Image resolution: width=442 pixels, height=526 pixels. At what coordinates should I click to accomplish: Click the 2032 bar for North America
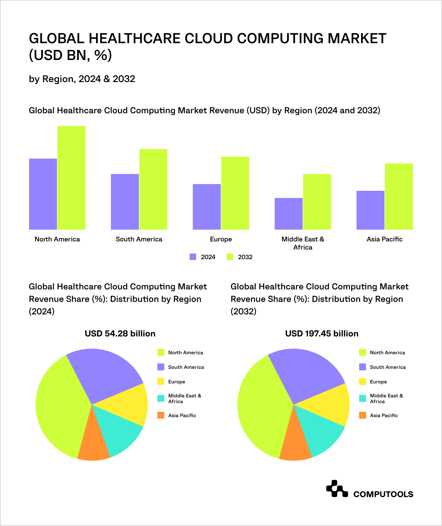71,178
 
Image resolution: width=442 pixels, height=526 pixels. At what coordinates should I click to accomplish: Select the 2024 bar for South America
125,202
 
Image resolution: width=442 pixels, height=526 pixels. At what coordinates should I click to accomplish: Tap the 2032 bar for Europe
235,193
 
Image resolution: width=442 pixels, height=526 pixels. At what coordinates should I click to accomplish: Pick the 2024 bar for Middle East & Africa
289,214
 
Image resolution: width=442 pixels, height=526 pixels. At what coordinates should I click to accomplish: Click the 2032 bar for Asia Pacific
399,196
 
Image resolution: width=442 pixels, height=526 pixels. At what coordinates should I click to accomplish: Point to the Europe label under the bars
221,239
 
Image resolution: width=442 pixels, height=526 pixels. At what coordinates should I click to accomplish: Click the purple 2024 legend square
193,257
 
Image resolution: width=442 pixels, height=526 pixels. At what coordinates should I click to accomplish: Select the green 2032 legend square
230,257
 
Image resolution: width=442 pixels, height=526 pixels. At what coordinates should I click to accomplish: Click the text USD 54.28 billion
120,334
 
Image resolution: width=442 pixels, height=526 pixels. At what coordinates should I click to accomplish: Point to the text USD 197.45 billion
322,334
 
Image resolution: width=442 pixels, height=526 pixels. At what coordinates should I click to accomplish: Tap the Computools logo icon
337,489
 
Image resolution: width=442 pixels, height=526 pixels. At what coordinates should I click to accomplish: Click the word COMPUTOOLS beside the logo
383,494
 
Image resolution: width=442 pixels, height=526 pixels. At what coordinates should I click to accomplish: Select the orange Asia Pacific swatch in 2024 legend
161,415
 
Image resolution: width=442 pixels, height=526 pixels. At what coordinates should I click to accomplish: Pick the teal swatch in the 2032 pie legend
362,399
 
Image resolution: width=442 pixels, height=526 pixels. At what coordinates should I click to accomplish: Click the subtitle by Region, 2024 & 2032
82,79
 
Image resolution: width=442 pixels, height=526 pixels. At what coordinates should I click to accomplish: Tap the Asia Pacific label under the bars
385,239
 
